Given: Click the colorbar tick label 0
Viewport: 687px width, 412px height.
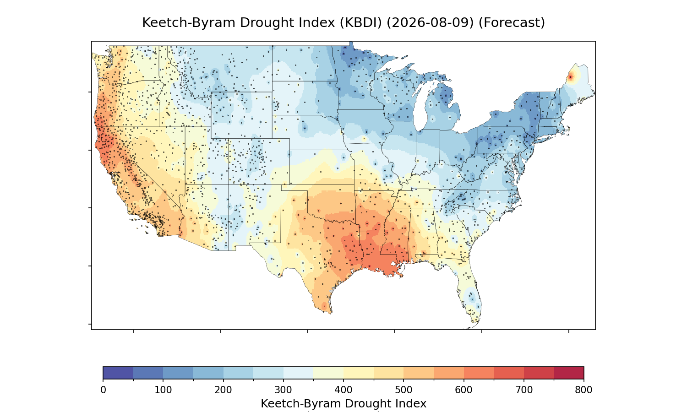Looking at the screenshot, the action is (x=103, y=390).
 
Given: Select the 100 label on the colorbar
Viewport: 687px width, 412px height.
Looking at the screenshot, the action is (x=163, y=390).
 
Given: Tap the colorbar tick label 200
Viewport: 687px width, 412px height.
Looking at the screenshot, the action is (x=224, y=390).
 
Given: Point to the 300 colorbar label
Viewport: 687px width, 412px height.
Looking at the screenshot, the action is (x=284, y=390).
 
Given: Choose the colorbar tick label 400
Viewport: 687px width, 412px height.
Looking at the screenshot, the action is (x=343, y=390).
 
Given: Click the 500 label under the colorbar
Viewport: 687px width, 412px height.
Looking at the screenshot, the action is (x=403, y=390).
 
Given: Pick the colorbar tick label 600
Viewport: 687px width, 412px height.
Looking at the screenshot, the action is (x=463, y=390).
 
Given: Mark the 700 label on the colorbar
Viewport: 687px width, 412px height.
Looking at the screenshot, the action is (x=524, y=390).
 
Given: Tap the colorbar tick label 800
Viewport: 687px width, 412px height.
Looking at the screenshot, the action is (x=583, y=390).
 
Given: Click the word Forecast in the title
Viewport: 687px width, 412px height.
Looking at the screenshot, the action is (x=512, y=23).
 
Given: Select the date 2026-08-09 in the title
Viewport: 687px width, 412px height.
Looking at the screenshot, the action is (x=431, y=23).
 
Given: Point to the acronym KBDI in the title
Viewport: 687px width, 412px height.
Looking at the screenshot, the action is (x=361, y=23).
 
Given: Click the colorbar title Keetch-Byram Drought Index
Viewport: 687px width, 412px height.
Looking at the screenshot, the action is (x=343, y=404).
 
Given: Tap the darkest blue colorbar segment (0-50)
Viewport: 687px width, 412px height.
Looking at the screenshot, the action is (x=118, y=373).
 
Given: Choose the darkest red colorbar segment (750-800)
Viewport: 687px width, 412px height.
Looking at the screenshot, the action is (x=569, y=373).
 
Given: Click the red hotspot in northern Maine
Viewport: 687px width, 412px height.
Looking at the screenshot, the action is (x=571, y=77).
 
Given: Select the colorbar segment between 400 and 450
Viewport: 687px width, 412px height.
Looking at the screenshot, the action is (x=359, y=373).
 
